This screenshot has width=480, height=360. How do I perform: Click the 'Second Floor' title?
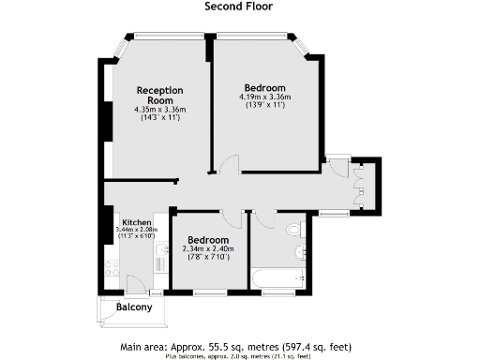[x=239, y=7]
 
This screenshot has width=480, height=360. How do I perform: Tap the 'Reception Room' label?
[x=158, y=95]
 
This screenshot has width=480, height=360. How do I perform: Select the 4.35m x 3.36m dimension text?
[x=158, y=110]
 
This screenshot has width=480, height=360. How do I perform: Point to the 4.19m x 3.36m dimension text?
[x=264, y=97]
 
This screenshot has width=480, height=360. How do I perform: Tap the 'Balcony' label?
[x=134, y=307]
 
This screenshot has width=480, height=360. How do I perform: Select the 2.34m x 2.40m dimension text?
[x=207, y=248]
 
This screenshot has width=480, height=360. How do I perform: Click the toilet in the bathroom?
[x=295, y=228]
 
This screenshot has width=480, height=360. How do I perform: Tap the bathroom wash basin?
[x=302, y=251]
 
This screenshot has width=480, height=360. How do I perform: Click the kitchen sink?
[x=160, y=248]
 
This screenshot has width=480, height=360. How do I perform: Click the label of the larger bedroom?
[x=264, y=87]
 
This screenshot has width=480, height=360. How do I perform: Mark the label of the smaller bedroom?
[x=207, y=239]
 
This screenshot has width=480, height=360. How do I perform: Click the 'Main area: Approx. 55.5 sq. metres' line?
[x=239, y=346]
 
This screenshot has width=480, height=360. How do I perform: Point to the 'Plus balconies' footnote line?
[x=239, y=355]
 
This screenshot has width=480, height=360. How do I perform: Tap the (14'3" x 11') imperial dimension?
[x=158, y=118]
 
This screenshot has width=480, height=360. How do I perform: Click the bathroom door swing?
[x=263, y=218]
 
